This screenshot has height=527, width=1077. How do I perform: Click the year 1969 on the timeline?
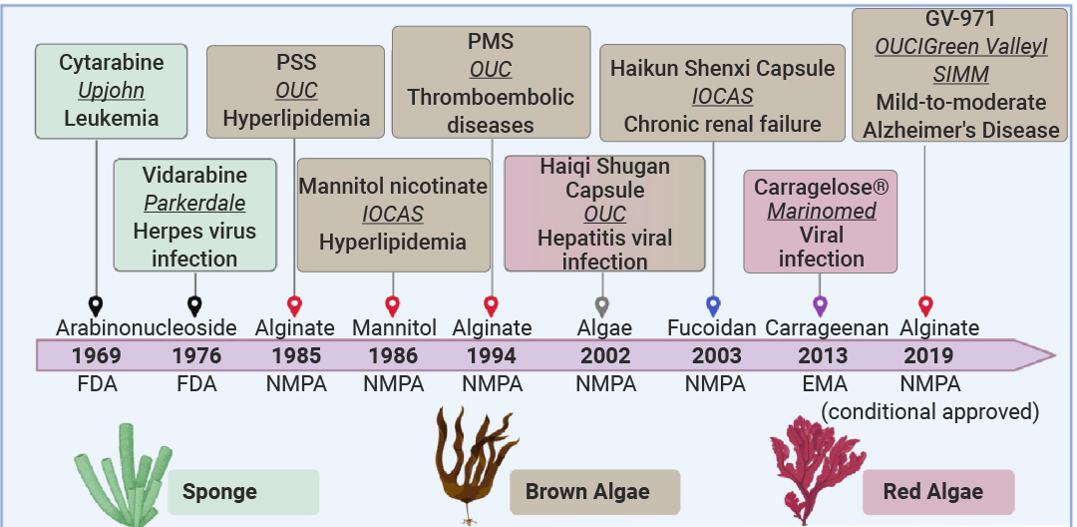(97, 356)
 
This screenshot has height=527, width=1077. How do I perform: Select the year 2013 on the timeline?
(823, 356)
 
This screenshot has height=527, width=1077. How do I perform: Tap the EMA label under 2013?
(823, 384)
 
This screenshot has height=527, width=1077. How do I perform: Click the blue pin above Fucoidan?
(713, 305)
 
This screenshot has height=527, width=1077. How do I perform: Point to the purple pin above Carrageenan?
(820, 305)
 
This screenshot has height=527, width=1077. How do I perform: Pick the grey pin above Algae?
(602, 305)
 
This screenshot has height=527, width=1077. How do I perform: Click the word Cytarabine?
(112, 63)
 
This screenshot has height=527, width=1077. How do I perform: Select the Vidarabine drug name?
(195, 176)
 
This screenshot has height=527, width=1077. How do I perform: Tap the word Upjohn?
(112, 91)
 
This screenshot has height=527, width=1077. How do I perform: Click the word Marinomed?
(822, 211)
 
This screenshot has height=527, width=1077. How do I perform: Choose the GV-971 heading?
(960, 19)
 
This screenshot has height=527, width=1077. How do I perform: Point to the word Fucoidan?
(712, 327)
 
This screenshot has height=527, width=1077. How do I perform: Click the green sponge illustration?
(123, 475)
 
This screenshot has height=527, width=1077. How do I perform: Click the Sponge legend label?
(219, 492)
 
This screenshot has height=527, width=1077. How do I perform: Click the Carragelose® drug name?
(822, 187)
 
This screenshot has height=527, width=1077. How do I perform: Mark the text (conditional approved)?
(930, 411)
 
